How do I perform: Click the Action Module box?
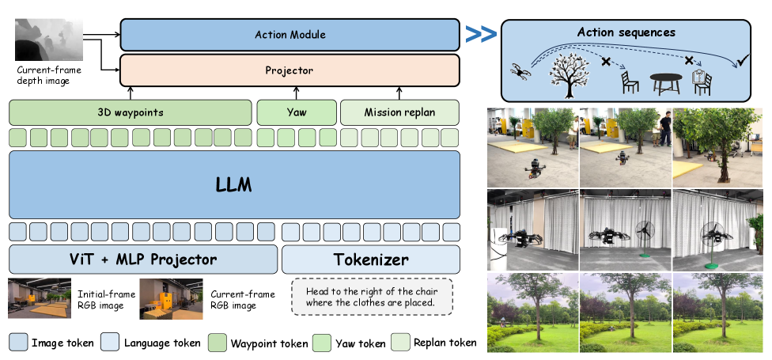(x=289, y=35)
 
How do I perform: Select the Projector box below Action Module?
(x=289, y=70)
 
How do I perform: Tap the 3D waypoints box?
(x=131, y=112)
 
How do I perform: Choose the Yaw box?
(x=297, y=112)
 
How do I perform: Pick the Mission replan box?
(x=399, y=112)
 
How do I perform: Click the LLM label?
(x=234, y=184)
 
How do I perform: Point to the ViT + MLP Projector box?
(x=144, y=259)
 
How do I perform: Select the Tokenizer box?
(x=371, y=259)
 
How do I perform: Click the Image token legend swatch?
(x=19, y=342)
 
